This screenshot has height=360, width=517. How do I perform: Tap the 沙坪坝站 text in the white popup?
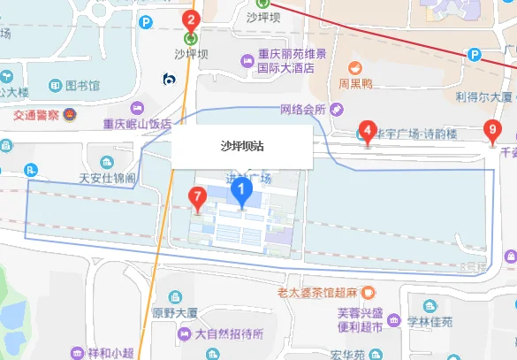point(241,147)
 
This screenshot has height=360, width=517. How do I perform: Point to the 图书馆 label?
point(82,86)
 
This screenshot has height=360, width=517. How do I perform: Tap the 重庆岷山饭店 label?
point(137,125)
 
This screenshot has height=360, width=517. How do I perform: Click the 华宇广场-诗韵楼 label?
point(416,134)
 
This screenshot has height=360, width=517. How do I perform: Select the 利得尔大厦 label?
point(483,96)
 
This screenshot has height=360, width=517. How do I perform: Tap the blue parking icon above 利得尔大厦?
point(475,55)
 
